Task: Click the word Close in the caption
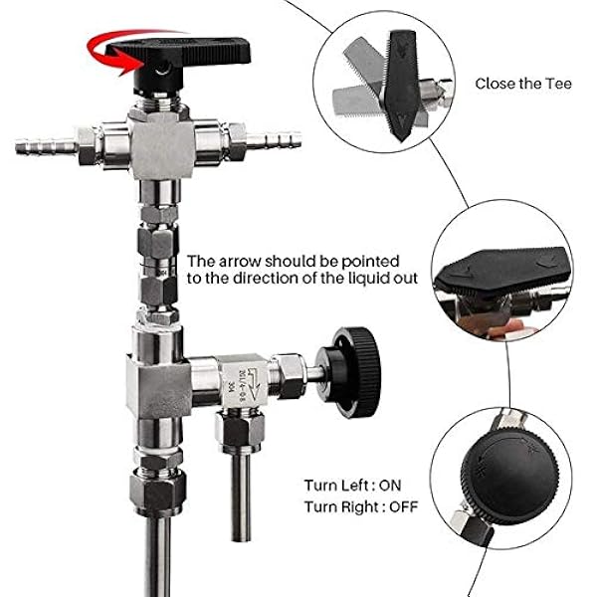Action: (x=494, y=84)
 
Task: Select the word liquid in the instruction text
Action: (x=367, y=277)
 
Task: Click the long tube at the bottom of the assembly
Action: (x=155, y=557)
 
